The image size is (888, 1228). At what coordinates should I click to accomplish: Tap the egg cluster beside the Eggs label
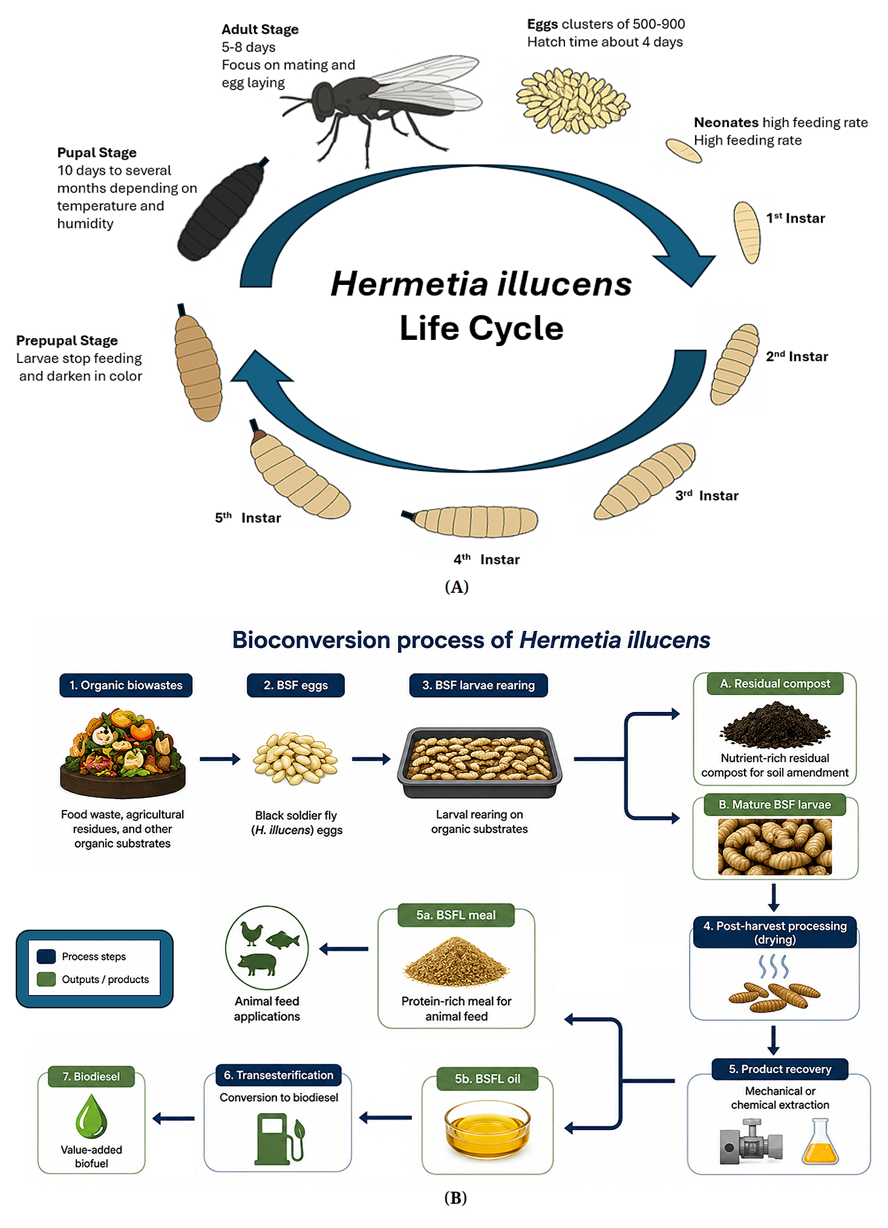click(573, 100)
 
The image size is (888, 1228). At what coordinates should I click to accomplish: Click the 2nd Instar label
click(797, 356)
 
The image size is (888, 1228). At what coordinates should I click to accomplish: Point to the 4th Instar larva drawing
click(471, 521)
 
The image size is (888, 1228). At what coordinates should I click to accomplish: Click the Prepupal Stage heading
click(67, 341)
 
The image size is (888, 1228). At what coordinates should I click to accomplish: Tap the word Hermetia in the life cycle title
click(410, 284)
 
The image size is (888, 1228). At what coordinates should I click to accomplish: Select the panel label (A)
click(457, 587)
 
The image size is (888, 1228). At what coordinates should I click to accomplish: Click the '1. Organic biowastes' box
click(126, 685)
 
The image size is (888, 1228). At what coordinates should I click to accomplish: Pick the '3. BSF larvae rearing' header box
click(478, 685)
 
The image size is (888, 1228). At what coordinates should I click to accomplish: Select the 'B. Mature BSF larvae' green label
click(775, 805)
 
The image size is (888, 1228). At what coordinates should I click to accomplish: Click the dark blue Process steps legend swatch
click(46, 956)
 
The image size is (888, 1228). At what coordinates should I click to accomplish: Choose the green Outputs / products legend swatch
click(46, 979)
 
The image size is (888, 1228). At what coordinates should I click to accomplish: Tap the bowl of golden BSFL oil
click(488, 1129)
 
